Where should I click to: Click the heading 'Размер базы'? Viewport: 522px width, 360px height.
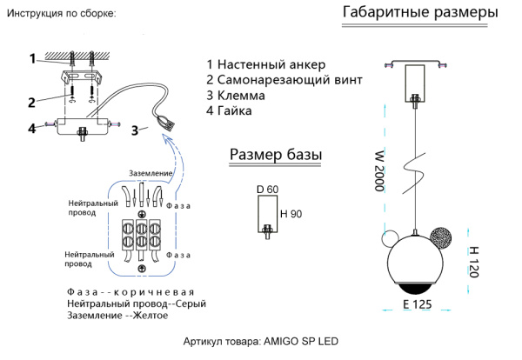(276, 155)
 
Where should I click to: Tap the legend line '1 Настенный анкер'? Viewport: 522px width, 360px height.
(265, 65)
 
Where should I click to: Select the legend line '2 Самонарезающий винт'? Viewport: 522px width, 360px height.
(284, 81)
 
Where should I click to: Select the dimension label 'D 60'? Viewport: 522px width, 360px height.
(266, 190)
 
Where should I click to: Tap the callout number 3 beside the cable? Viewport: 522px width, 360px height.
(135, 130)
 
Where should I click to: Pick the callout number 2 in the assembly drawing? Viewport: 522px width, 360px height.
(30, 102)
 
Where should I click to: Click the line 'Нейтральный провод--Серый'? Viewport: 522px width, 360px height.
(130, 304)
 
